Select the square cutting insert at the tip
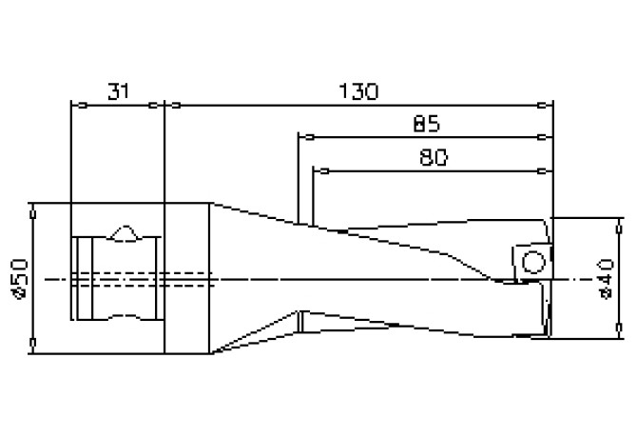[529, 262]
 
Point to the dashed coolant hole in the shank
[143, 278]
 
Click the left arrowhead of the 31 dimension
[77, 105]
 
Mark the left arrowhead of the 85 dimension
[303, 137]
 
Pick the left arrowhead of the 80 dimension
[319, 171]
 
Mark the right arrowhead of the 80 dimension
[547, 171]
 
